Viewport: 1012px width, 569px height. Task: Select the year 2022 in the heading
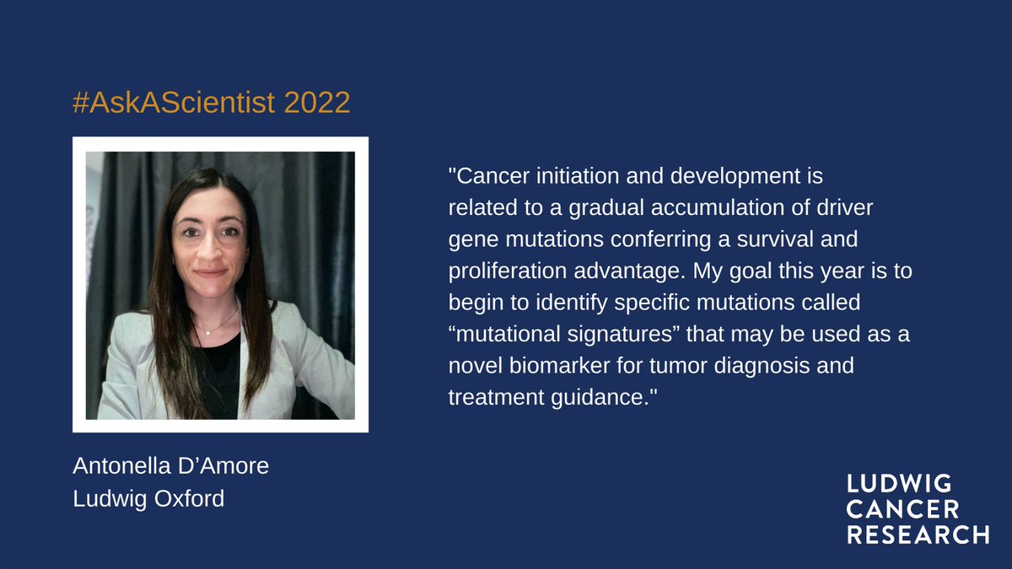(x=317, y=103)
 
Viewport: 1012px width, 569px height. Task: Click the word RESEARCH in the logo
(x=918, y=534)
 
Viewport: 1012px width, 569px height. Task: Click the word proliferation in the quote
(x=504, y=271)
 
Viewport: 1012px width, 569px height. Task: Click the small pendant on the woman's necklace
(x=206, y=333)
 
